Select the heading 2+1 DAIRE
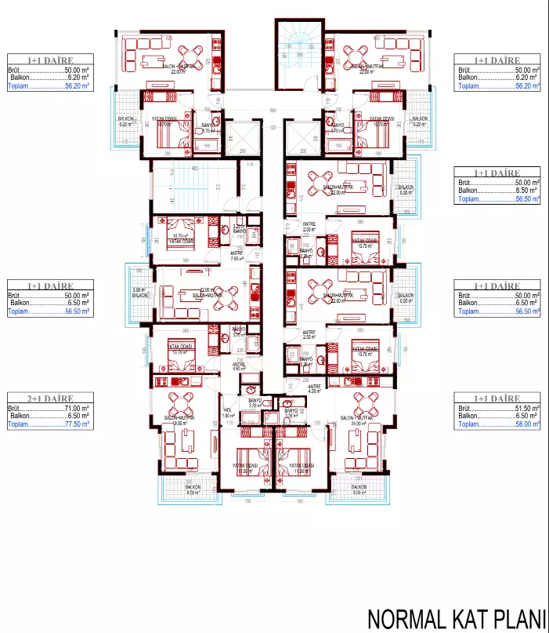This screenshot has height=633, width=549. coord(49,398)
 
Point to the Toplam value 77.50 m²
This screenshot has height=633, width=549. coord(77,424)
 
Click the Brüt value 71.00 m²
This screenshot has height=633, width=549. coord(77,408)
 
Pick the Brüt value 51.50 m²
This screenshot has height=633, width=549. coord(525,408)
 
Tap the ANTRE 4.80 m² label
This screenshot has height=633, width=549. coord(238,366)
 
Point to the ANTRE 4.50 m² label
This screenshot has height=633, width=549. coord(313,389)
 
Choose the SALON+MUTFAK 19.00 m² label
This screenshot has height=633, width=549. coord(179,421)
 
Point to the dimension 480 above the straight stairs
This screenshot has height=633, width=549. coord(193,169)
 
